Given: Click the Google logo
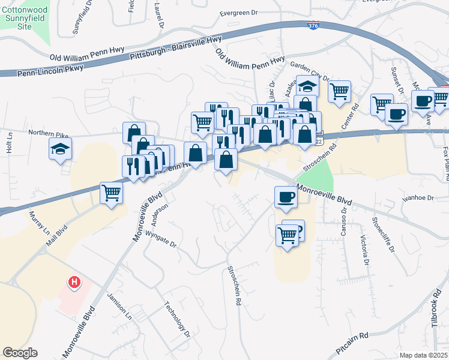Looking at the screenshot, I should pos(20,353).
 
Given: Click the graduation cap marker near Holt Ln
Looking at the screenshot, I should pos(61,149).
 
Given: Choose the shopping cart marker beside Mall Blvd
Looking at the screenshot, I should pos(112,194).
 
